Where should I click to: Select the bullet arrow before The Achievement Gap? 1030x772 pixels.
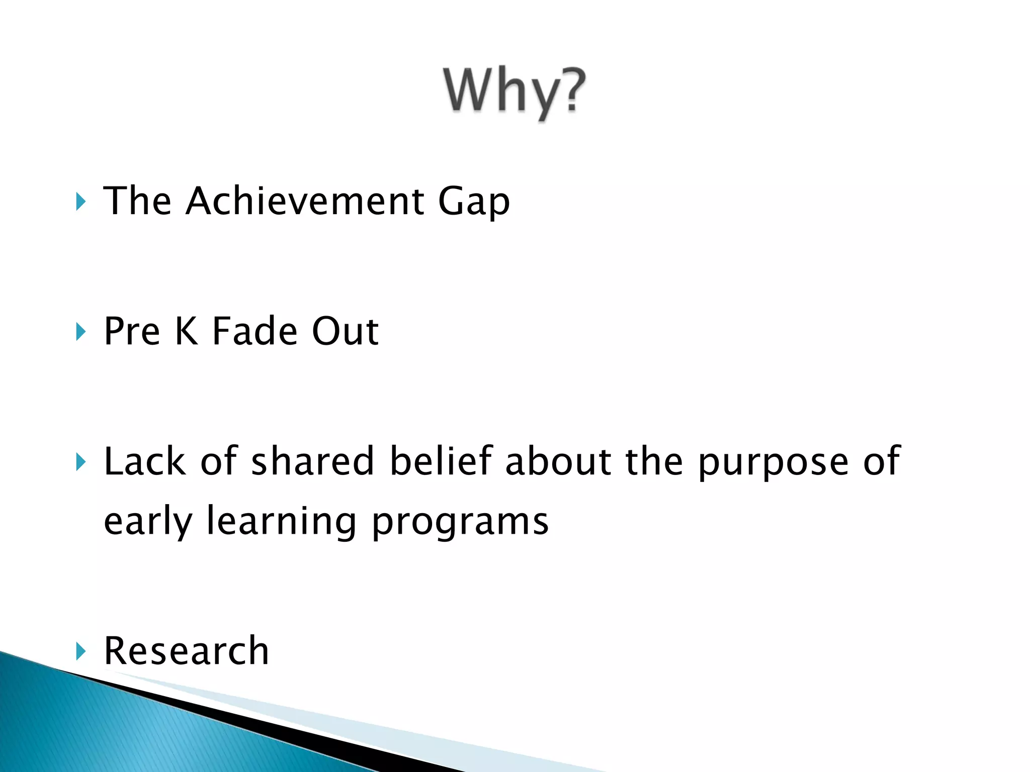tap(80, 202)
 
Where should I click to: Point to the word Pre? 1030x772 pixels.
tap(132, 331)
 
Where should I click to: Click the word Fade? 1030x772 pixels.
tap(254, 331)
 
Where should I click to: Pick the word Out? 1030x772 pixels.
tap(345, 331)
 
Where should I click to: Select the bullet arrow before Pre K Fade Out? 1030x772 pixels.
tap(80, 332)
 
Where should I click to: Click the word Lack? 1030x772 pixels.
tap(144, 461)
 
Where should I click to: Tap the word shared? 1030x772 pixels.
tap(312, 461)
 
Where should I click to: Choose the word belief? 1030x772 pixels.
tap(441, 461)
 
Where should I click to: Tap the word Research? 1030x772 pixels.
tap(186, 651)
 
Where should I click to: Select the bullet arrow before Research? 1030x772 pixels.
tap(80, 651)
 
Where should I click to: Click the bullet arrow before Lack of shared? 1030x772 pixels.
tap(80, 462)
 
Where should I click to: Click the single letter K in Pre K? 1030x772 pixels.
tap(186, 331)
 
